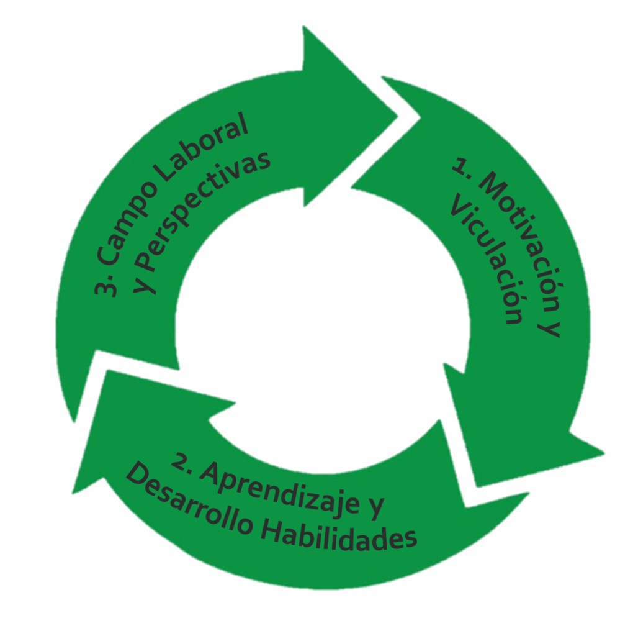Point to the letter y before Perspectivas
(x=145, y=279)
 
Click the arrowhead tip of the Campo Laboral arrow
(x=398, y=115)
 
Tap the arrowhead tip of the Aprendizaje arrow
(x=73, y=493)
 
